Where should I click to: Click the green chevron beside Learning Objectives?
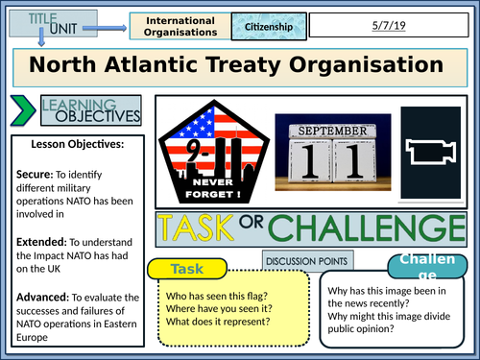[19, 110]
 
